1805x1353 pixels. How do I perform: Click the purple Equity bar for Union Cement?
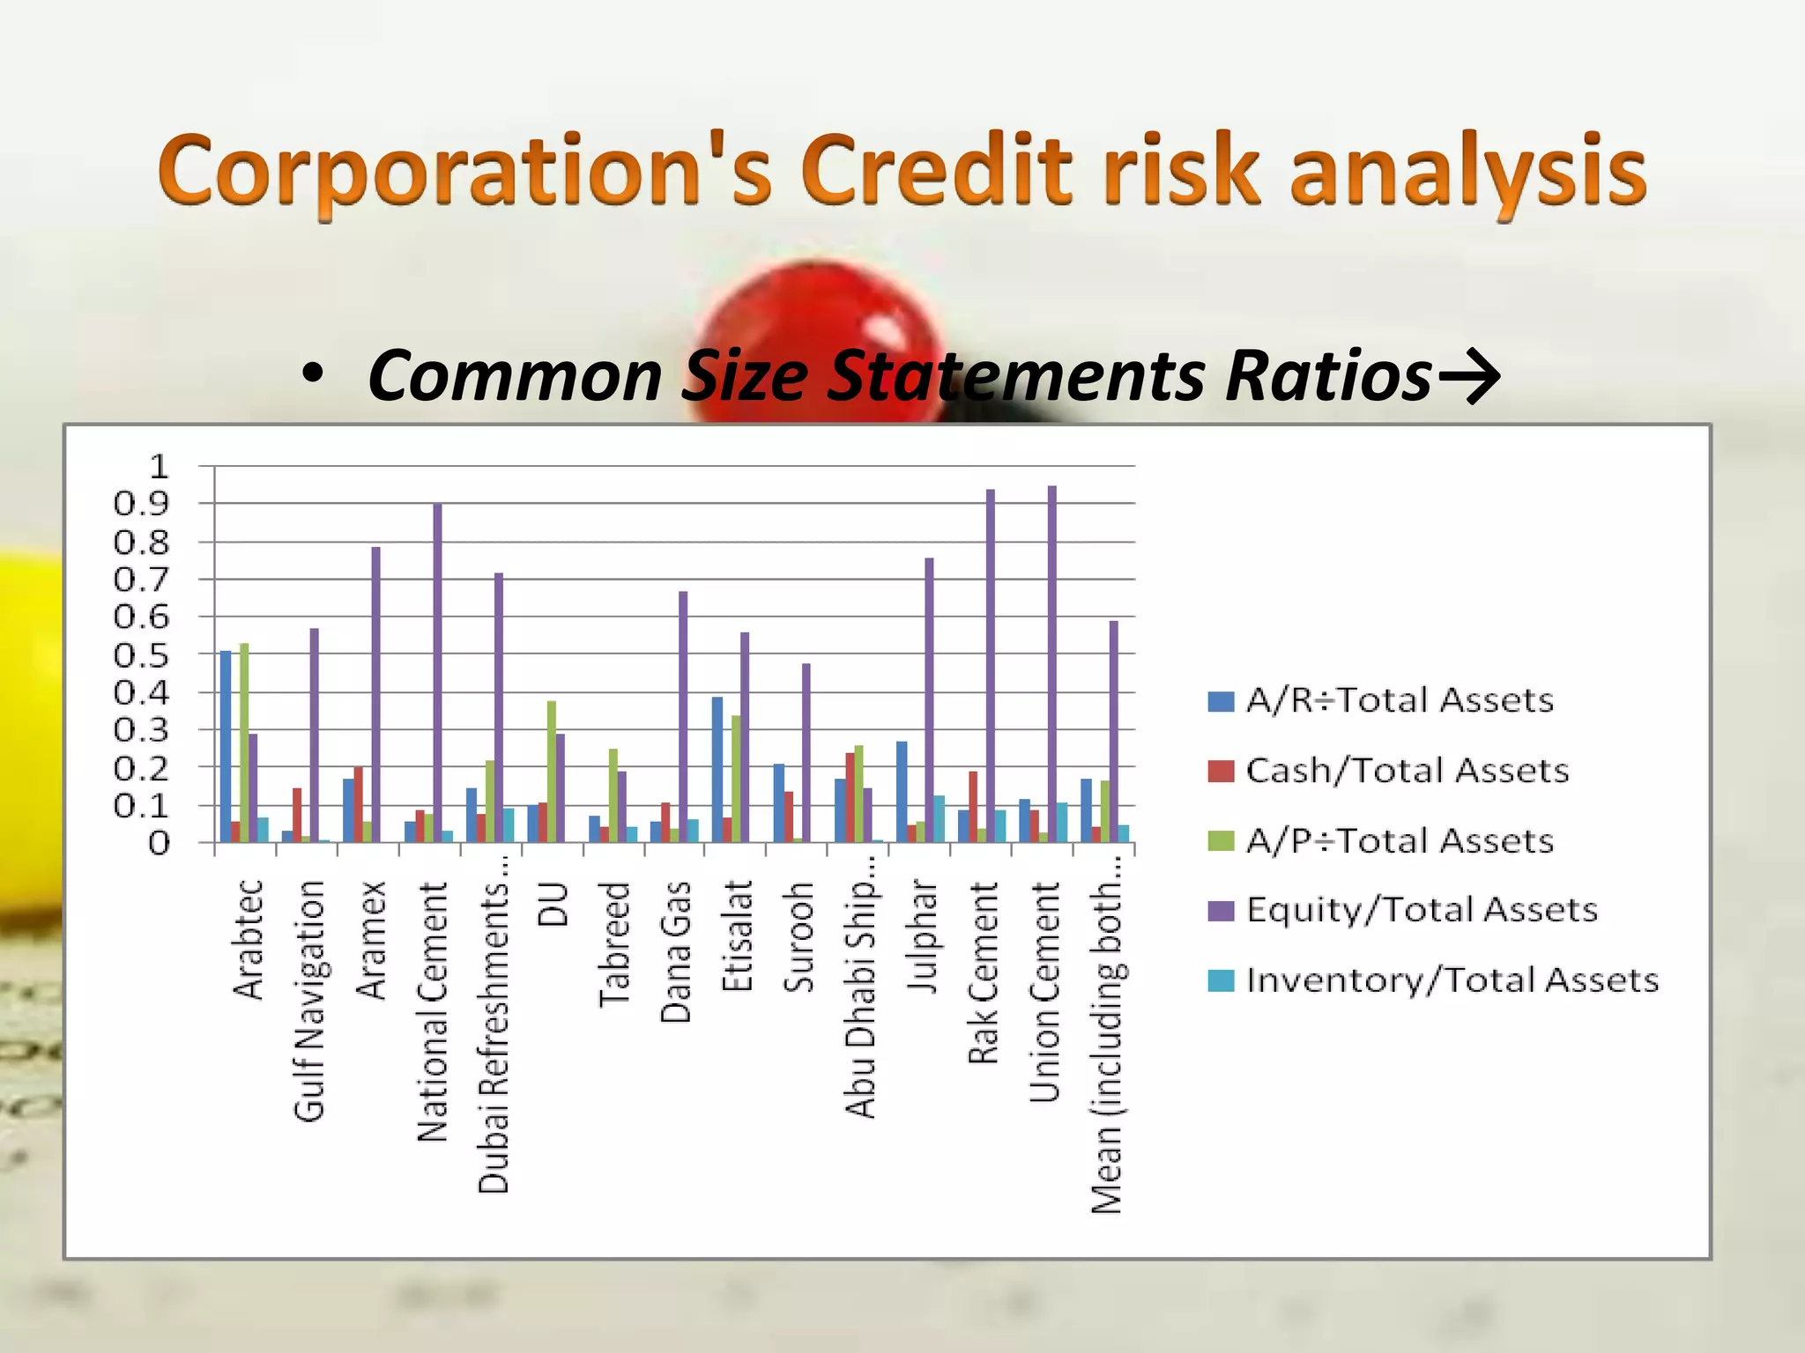(x=1051, y=664)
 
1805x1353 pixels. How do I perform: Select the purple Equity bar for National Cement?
(x=437, y=673)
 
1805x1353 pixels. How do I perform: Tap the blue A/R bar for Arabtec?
(x=226, y=747)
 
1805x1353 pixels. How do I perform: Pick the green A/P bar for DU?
(x=552, y=772)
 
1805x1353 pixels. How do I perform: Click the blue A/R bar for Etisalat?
(x=717, y=770)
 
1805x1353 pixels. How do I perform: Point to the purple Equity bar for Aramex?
(x=375, y=695)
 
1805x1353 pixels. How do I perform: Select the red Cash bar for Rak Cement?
(x=973, y=807)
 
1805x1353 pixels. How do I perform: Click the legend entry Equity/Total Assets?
(x=1421, y=910)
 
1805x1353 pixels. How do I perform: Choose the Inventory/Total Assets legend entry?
(x=1452, y=980)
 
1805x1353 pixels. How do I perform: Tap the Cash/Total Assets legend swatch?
(x=1221, y=771)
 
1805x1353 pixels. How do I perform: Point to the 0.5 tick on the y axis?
(x=140, y=655)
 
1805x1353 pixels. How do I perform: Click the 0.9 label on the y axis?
(x=140, y=504)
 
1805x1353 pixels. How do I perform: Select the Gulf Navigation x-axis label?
(x=309, y=1001)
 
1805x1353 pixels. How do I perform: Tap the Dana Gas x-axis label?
(x=676, y=951)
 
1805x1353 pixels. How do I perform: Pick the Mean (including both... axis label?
(x=1107, y=1034)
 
